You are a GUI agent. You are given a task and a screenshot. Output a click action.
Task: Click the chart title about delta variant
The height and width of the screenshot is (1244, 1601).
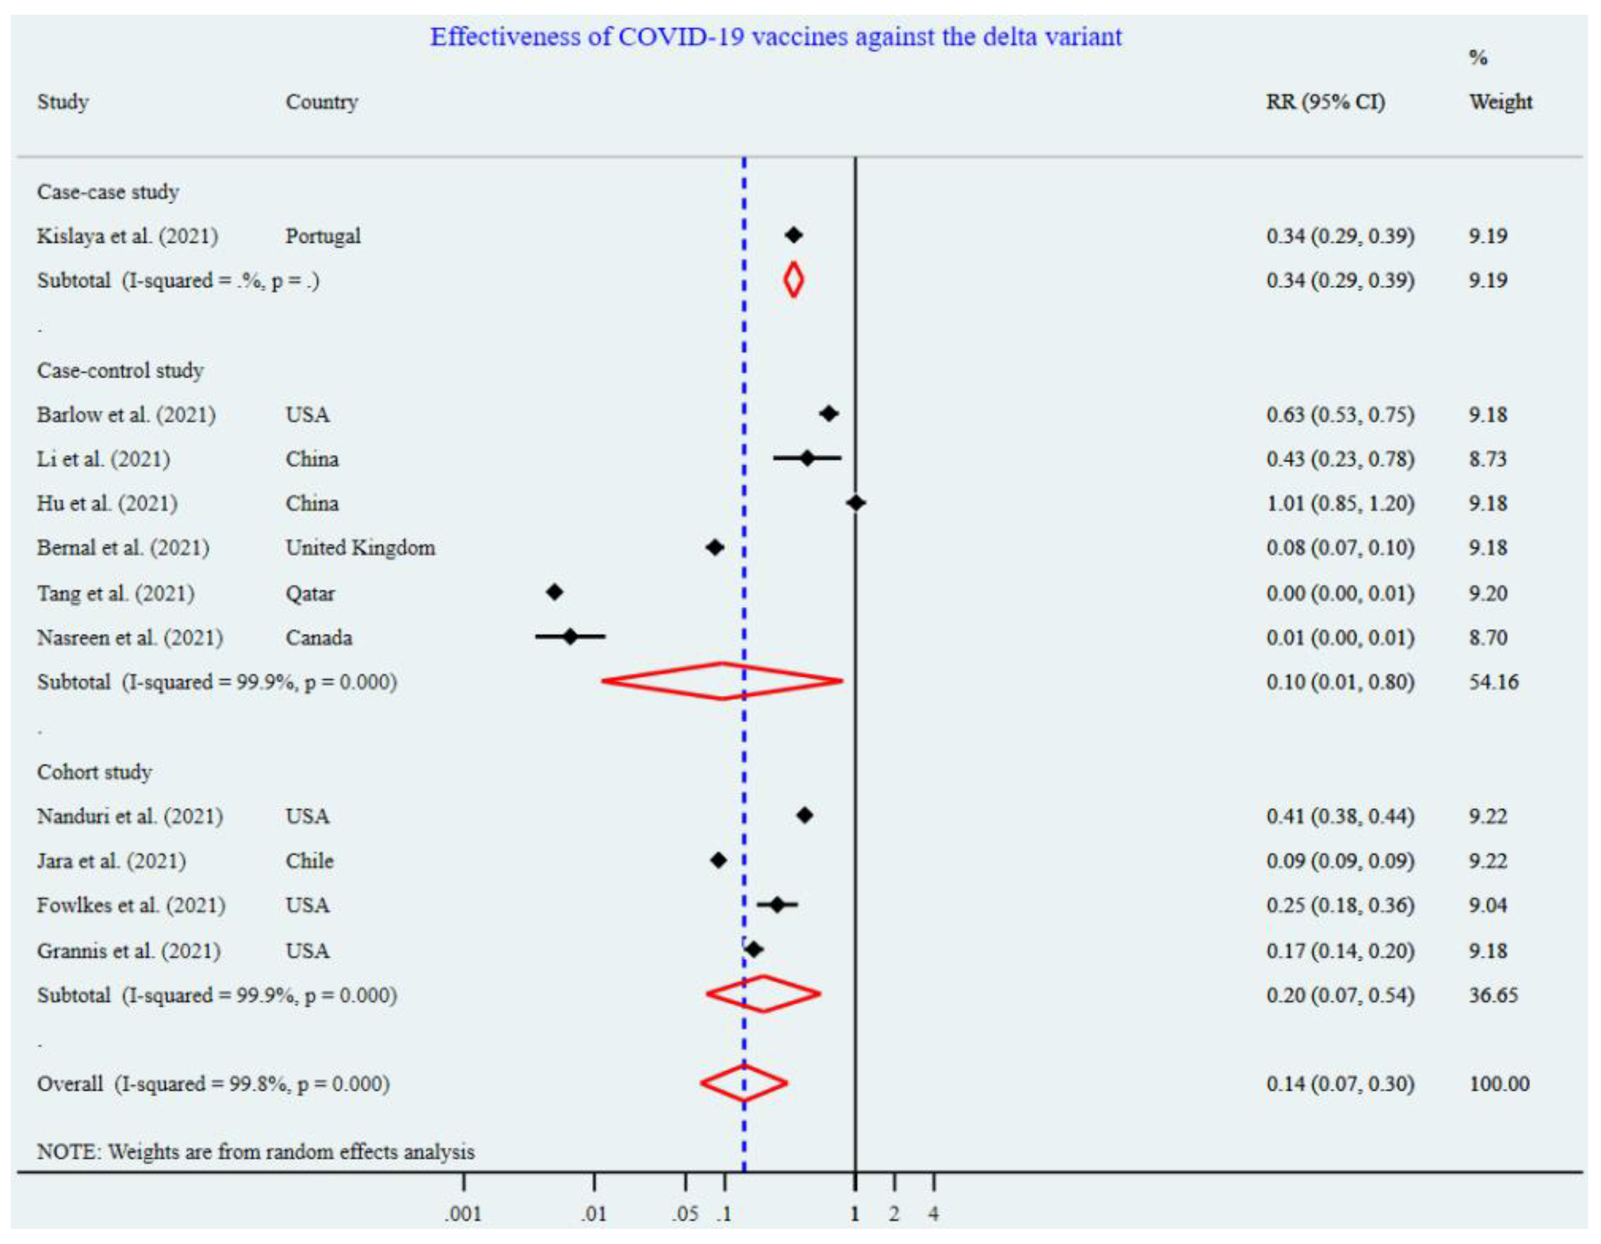775,37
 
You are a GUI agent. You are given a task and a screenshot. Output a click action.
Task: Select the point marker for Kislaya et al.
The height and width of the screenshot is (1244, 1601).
793,235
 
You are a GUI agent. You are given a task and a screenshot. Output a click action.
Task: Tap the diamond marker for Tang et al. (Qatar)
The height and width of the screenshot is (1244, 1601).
554,592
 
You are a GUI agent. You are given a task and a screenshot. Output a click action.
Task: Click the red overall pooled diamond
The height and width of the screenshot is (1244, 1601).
744,1083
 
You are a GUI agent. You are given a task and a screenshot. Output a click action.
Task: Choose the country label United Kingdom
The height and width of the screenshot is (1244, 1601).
360,548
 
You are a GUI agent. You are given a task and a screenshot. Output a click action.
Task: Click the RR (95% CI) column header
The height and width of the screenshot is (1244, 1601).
1325,102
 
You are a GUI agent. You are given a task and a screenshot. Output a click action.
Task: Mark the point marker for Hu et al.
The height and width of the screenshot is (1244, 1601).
855,503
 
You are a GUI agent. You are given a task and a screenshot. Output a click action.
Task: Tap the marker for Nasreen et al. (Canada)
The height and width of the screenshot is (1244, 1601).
570,637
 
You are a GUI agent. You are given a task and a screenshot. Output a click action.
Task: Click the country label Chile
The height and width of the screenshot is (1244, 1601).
310,861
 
